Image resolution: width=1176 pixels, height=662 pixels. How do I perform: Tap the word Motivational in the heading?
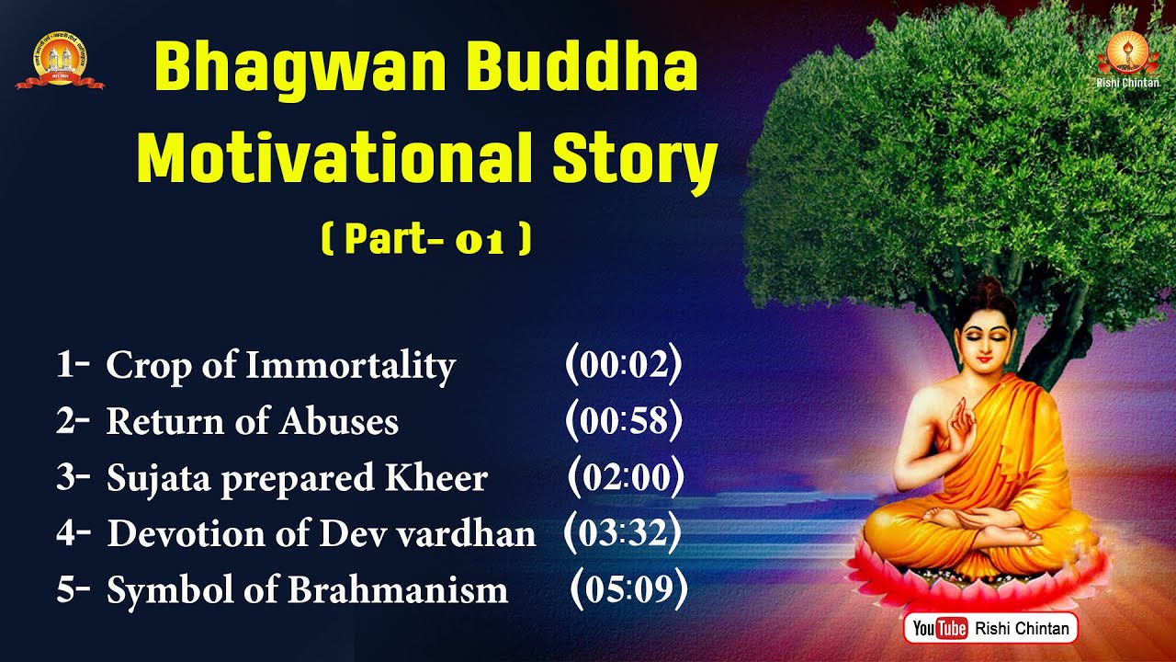(335, 156)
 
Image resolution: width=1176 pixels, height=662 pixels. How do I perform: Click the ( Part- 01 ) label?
(426, 239)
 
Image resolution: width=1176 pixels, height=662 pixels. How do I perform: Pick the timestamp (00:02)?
(624, 364)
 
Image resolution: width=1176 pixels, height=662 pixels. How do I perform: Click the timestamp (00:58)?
(624, 420)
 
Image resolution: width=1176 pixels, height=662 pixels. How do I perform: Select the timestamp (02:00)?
(626, 476)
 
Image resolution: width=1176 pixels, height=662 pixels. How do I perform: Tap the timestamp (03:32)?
(623, 532)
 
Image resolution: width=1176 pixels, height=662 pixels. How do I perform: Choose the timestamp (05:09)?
(629, 589)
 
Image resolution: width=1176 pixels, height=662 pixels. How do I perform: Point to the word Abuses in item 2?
(339, 421)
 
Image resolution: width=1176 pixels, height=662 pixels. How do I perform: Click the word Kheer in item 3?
(436, 477)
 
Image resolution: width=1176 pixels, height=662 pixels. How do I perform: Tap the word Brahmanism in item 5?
(398, 589)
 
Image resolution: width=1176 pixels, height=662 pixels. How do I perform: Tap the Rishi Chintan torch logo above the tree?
(1127, 54)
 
